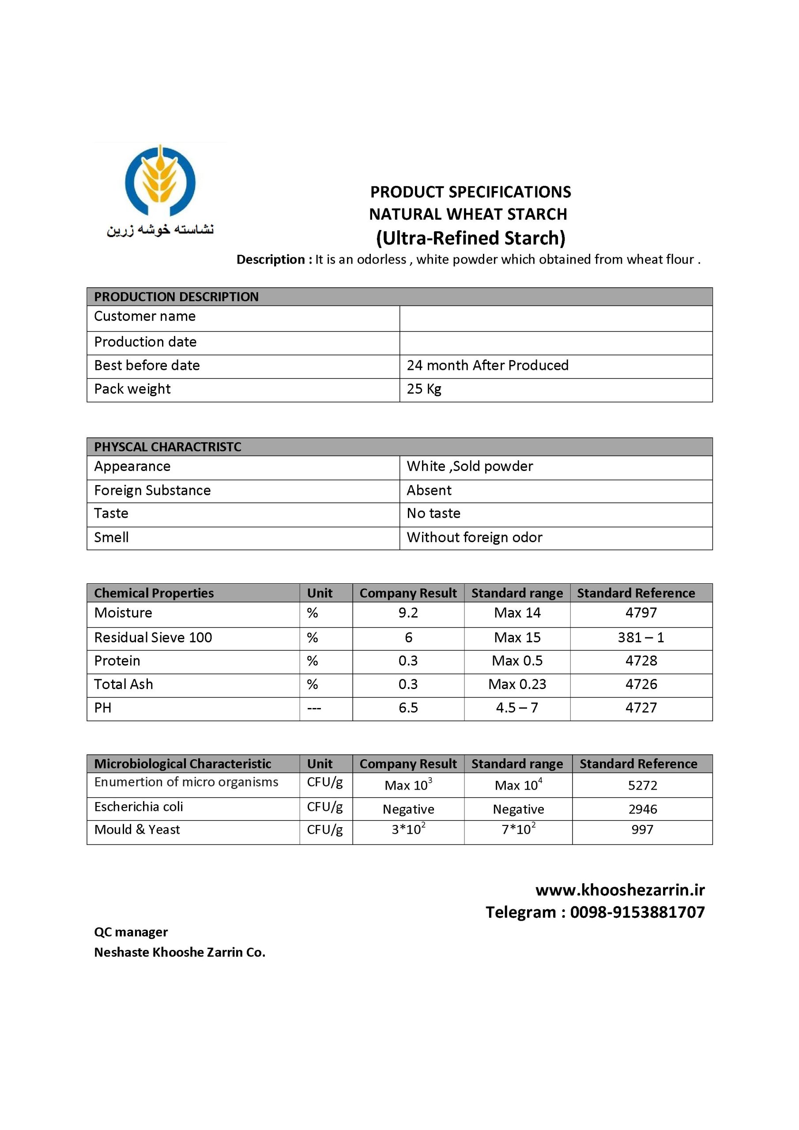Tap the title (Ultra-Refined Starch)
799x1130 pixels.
coord(470,238)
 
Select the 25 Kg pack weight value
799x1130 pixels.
coord(423,389)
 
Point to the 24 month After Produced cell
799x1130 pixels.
coord(487,365)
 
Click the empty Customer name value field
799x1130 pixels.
coord(555,318)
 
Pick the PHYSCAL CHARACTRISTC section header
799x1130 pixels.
coord(167,447)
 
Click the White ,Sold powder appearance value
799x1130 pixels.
coord(469,466)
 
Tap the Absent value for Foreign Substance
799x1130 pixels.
coord(428,490)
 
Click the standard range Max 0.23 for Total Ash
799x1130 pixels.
coord(517,684)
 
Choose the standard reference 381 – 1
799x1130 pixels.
coord(641,637)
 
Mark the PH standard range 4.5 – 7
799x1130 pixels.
coord(517,708)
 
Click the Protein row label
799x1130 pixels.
coord(117,660)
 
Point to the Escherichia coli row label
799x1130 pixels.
coord(138,806)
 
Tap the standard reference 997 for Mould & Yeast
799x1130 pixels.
coord(642,829)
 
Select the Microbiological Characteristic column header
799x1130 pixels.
coord(182,763)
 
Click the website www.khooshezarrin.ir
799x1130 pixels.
coord(620,890)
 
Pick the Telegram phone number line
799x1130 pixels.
coord(595,912)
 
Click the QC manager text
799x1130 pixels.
coord(131,932)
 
